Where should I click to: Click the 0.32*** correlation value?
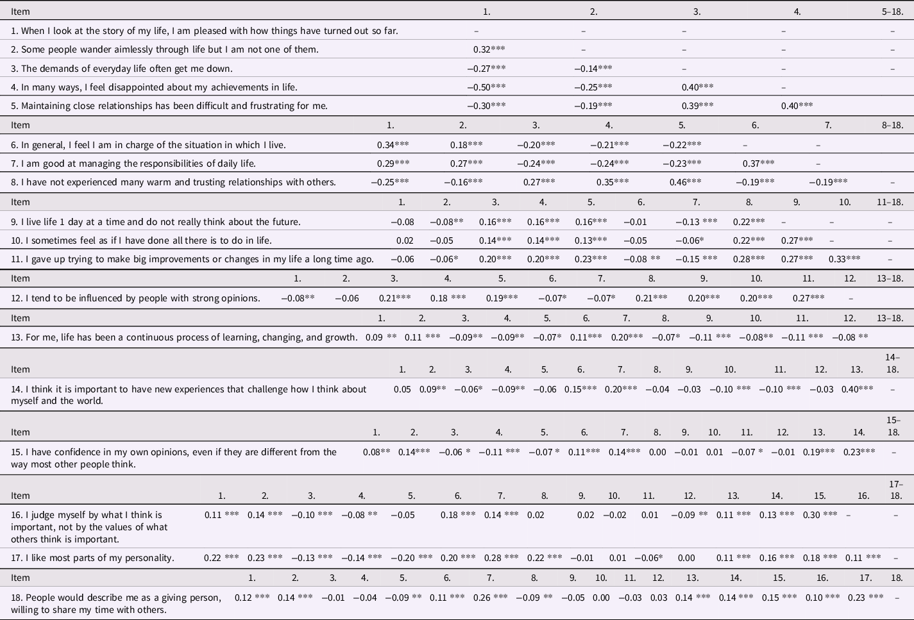489,49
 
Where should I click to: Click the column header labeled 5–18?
892,12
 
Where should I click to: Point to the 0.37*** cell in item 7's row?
758,163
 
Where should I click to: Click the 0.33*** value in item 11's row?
844,259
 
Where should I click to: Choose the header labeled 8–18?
892,125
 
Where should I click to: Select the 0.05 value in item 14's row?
402,389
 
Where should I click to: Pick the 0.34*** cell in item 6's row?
393,145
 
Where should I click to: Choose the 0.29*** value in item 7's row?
393,163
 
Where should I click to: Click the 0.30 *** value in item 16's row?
820,515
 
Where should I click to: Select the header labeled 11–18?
890,202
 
